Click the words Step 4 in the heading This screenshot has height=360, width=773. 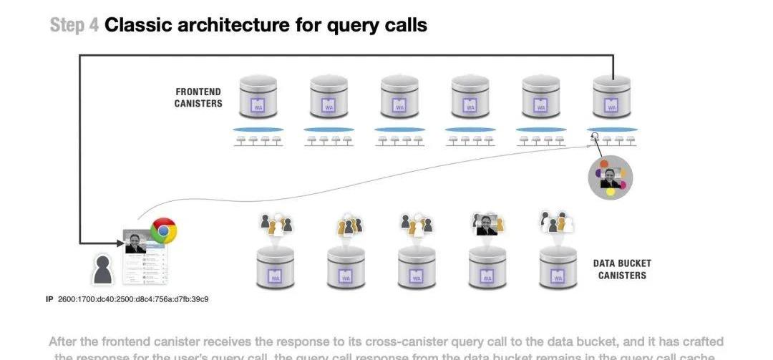pos(74,26)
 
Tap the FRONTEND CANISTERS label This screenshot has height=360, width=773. pos(198,97)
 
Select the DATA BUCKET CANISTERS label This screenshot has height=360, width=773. pos(622,269)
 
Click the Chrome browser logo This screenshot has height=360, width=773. pos(163,230)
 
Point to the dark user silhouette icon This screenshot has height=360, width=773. pos(104,270)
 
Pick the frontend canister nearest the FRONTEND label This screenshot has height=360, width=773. pos(258,97)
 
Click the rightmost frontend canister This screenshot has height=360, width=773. pos(612,97)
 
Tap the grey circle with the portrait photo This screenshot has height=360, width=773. pos(611,177)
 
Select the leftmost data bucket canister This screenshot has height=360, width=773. pos(276,268)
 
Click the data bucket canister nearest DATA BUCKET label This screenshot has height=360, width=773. pos(558,268)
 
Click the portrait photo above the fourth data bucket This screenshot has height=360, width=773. pos(487,225)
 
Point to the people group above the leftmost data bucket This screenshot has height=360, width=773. pos(276,223)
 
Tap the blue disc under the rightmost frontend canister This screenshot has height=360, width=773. pos(612,130)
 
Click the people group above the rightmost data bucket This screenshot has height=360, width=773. pos(558,223)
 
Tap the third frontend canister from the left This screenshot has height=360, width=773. pos(399,97)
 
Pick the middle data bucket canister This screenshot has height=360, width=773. pos(417,268)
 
